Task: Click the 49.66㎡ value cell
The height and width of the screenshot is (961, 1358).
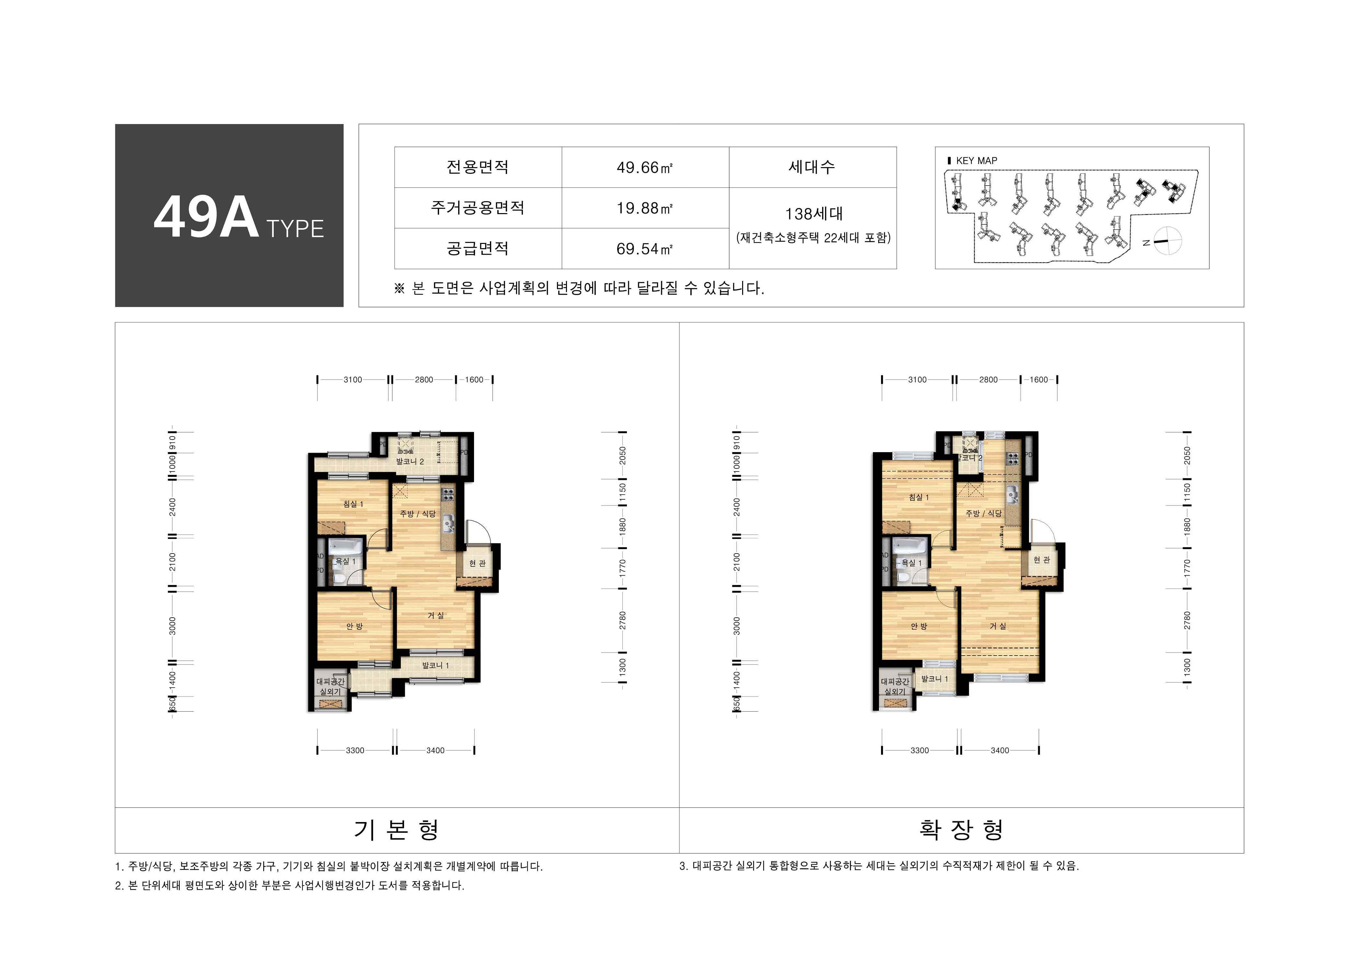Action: point(645,167)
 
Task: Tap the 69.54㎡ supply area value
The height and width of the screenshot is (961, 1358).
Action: point(645,248)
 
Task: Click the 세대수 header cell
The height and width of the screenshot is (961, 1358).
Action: point(812,167)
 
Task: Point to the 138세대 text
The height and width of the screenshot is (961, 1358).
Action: point(813,214)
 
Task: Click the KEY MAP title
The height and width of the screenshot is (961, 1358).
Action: point(976,160)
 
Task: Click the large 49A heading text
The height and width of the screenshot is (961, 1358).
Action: point(207,218)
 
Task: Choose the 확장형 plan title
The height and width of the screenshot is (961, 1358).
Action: point(961,829)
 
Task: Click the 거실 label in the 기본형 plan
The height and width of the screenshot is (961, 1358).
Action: point(436,615)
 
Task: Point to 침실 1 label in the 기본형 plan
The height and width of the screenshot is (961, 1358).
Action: point(353,504)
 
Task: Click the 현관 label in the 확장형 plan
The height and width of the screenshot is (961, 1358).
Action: point(1042,560)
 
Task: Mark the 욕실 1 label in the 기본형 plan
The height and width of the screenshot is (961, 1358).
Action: point(345,561)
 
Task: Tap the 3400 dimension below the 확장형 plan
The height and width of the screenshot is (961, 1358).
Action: point(1000,750)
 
